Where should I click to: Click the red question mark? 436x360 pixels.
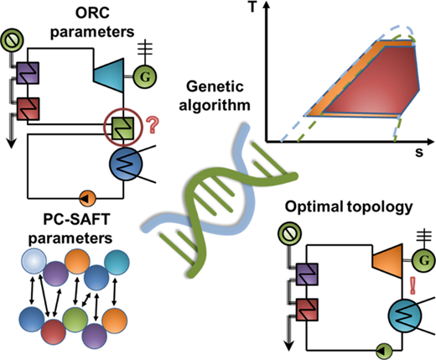pyautogui.click(x=153, y=125)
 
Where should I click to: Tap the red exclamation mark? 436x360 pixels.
pyautogui.click(x=413, y=285)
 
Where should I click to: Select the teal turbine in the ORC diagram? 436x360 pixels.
pyautogui.click(x=109, y=75)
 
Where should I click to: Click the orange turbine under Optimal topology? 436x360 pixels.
pyautogui.click(x=387, y=261)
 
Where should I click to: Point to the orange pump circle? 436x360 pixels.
pyautogui.click(x=87, y=198)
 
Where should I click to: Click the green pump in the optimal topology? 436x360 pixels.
pyautogui.click(x=384, y=350)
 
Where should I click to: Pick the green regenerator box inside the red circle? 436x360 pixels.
pyautogui.click(x=122, y=128)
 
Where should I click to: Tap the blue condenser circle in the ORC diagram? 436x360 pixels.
pyautogui.click(x=126, y=164)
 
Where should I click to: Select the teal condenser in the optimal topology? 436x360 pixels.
pyautogui.click(x=404, y=316)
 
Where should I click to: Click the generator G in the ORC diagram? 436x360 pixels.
pyautogui.click(x=144, y=76)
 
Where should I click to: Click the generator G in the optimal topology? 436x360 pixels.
pyautogui.click(x=424, y=261)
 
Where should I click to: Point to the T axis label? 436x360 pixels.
pyautogui.click(x=252, y=8)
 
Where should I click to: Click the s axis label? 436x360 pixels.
pyautogui.click(x=419, y=153)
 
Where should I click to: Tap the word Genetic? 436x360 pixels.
pyautogui.click(x=215, y=86)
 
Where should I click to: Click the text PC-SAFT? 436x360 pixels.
pyautogui.click(x=76, y=219)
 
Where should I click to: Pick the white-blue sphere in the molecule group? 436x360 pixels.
pyautogui.click(x=34, y=261)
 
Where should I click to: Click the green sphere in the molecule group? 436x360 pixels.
pyautogui.click(x=75, y=320)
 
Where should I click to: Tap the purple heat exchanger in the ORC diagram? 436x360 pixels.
pyautogui.click(x=28, y=73)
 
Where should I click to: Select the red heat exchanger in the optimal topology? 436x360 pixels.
pyautogui.click(x=307, y=310)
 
